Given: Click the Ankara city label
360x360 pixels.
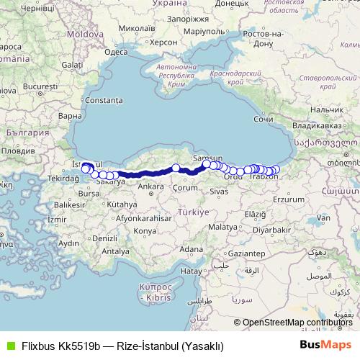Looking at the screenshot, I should [x=150, y=186].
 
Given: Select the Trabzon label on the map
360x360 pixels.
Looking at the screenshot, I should [x=262, y=178].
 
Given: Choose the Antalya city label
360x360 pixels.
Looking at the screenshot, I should [x=116, y=251].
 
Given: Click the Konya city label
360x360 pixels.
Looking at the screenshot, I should [x=145, y=230].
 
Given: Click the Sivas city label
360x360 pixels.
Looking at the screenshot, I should [x=220, y=192].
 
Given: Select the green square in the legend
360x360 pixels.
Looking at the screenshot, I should [x=9, y=345].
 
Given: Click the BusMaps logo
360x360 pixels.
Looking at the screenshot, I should [x=326, y=345].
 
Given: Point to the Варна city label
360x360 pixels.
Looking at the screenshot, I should [x=71, y=115].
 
